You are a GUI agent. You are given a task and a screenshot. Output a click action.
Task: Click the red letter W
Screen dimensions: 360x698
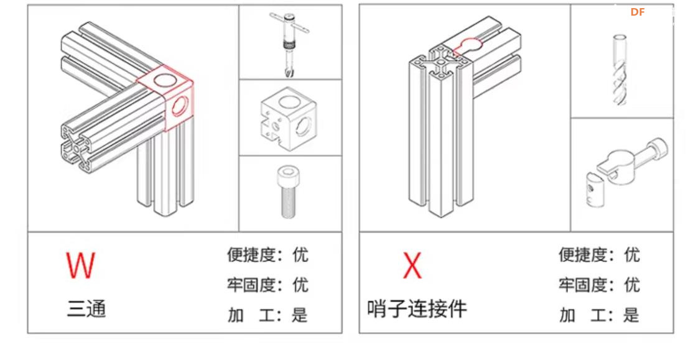click(x=81, y=265)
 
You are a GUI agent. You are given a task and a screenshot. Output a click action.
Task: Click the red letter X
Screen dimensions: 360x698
click(x=412, y=265)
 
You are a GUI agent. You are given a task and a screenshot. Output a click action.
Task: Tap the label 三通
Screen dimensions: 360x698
click(x=86, y=308)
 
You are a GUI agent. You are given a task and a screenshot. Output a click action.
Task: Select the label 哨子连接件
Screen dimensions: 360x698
click(x=417, y=308)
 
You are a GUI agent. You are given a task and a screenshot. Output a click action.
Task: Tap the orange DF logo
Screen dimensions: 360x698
click(x=638, y=12)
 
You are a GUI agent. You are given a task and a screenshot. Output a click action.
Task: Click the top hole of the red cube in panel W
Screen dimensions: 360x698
click(x=165, y=80)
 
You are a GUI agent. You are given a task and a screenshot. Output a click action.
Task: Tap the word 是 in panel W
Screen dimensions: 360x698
click(x=300, y=315)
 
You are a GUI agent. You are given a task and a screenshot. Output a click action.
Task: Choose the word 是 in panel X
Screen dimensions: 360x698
click(x=631, y=315)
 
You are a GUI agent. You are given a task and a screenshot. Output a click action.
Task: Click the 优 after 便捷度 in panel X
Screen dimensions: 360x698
click(x=631, y=254)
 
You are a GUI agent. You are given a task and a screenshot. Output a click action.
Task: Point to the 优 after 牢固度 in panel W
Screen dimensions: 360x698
click(x=300, y=285)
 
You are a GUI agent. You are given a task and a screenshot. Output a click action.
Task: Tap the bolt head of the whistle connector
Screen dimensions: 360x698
click(x=659, y=148)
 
